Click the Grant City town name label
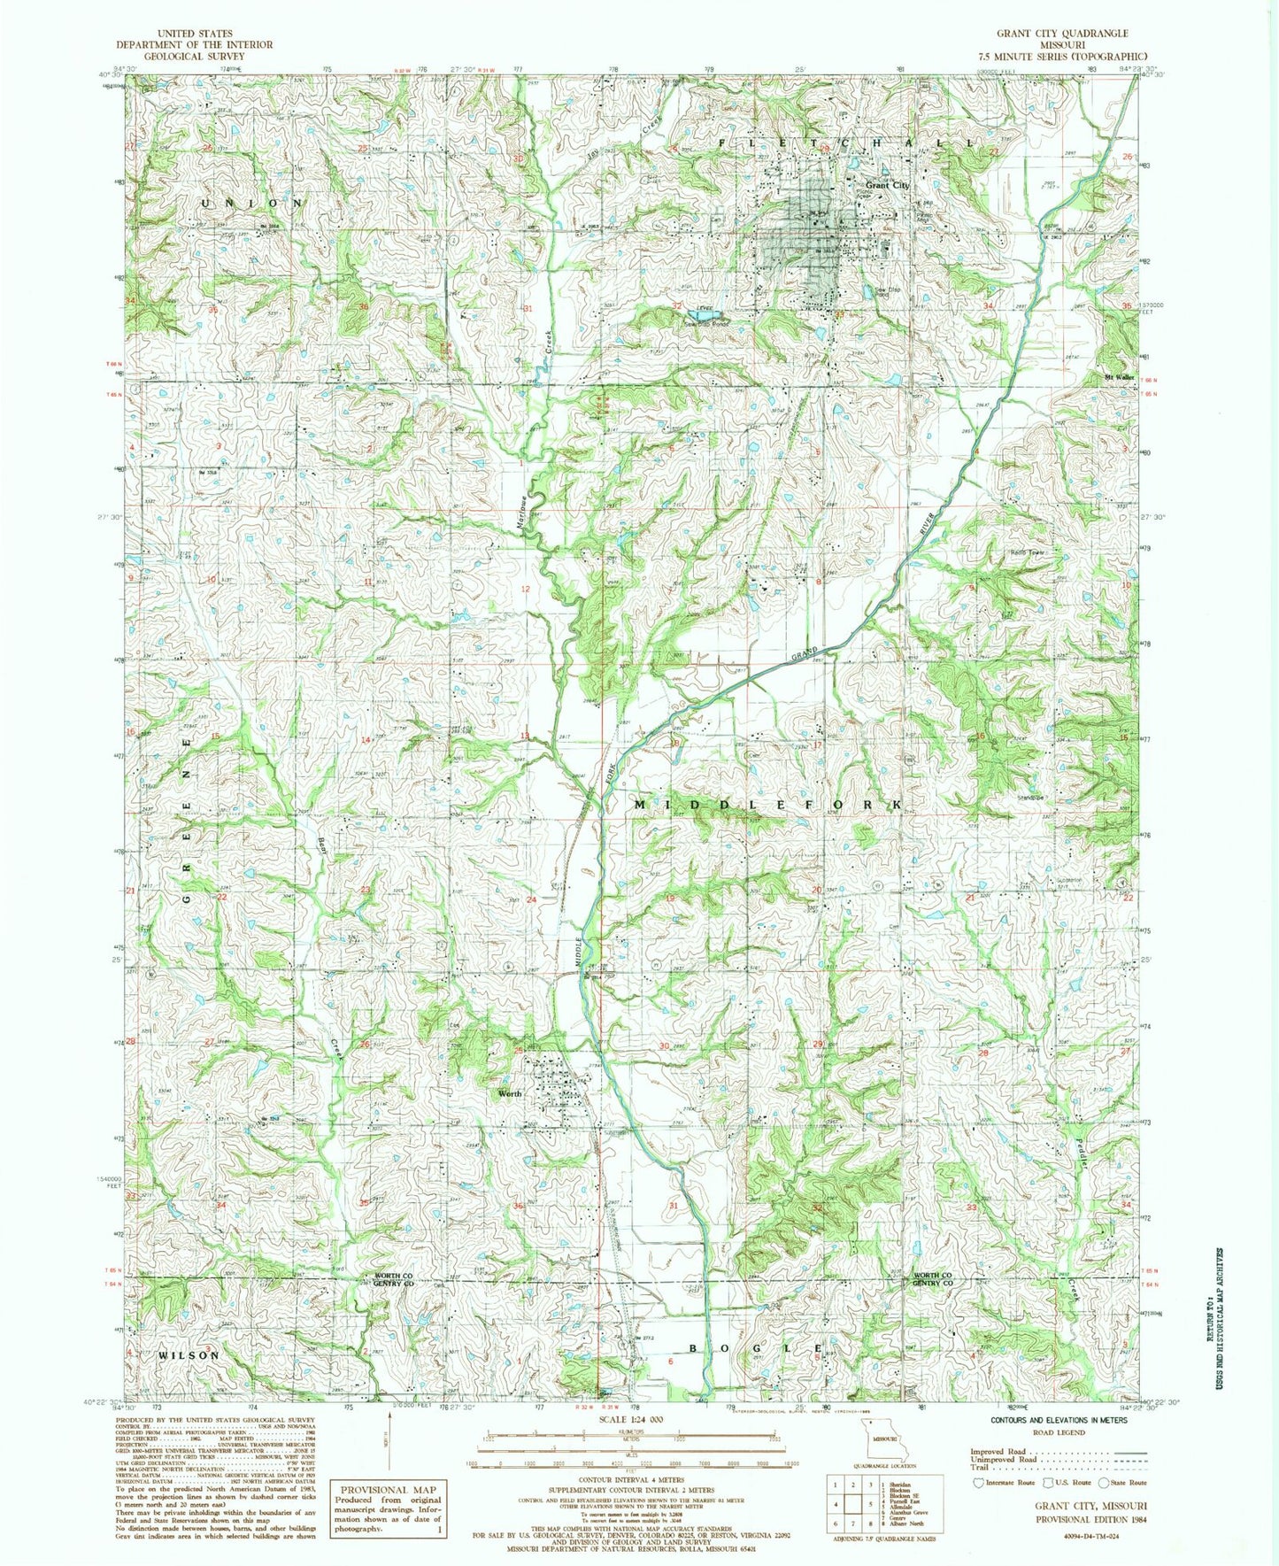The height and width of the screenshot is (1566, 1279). click(x=888, y=185)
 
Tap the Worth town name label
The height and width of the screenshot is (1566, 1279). click(x=510, y=1094)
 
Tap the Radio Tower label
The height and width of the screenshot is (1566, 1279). click(x=1029, y=553)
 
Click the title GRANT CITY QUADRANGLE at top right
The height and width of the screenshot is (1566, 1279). click(x=1049, y=33)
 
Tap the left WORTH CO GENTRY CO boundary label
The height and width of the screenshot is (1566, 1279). click(x=390, y=1279)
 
